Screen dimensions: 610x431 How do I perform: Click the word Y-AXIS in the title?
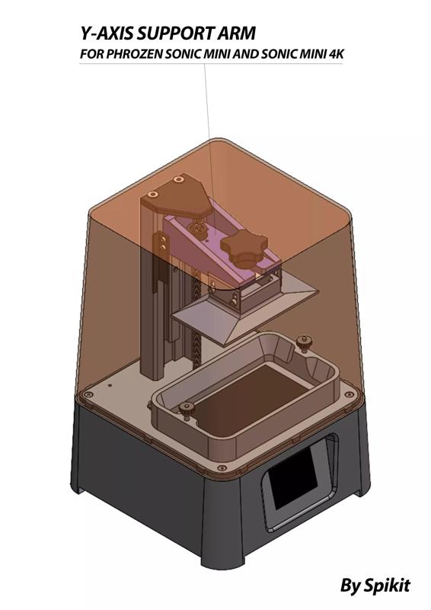click(105, 34)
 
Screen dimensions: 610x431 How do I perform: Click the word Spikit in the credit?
click(385, 586)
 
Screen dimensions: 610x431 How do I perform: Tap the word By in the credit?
click(349, 586)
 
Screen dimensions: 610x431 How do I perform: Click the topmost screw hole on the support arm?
click(177, 180)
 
